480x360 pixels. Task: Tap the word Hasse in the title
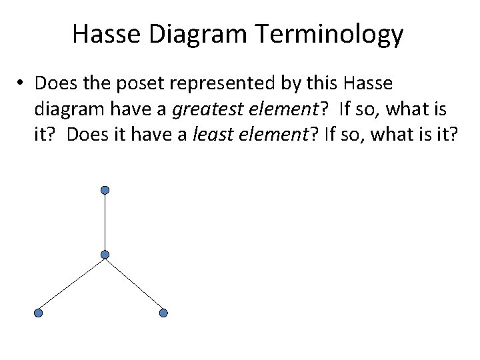pyautogui.click(x=107, y=35)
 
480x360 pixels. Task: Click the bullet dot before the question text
pyautogui.click(x=22, y=84)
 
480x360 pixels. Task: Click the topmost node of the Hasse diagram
pyautogui.click(x=105, y=191)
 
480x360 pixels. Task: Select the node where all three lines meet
pyautogui.click(x=105, y=255)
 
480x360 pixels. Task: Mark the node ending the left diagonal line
pyautogui.click(x=39, y=313)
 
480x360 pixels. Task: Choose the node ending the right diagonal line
pyautogui.click(x=164, y=313)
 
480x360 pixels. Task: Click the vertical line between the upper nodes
pyautogui.click(x=105, y=223)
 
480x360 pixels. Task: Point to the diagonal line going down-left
pyautogui.click(x=72, y=283)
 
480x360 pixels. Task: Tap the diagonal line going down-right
pyautogui.click(x=134, y=283)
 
